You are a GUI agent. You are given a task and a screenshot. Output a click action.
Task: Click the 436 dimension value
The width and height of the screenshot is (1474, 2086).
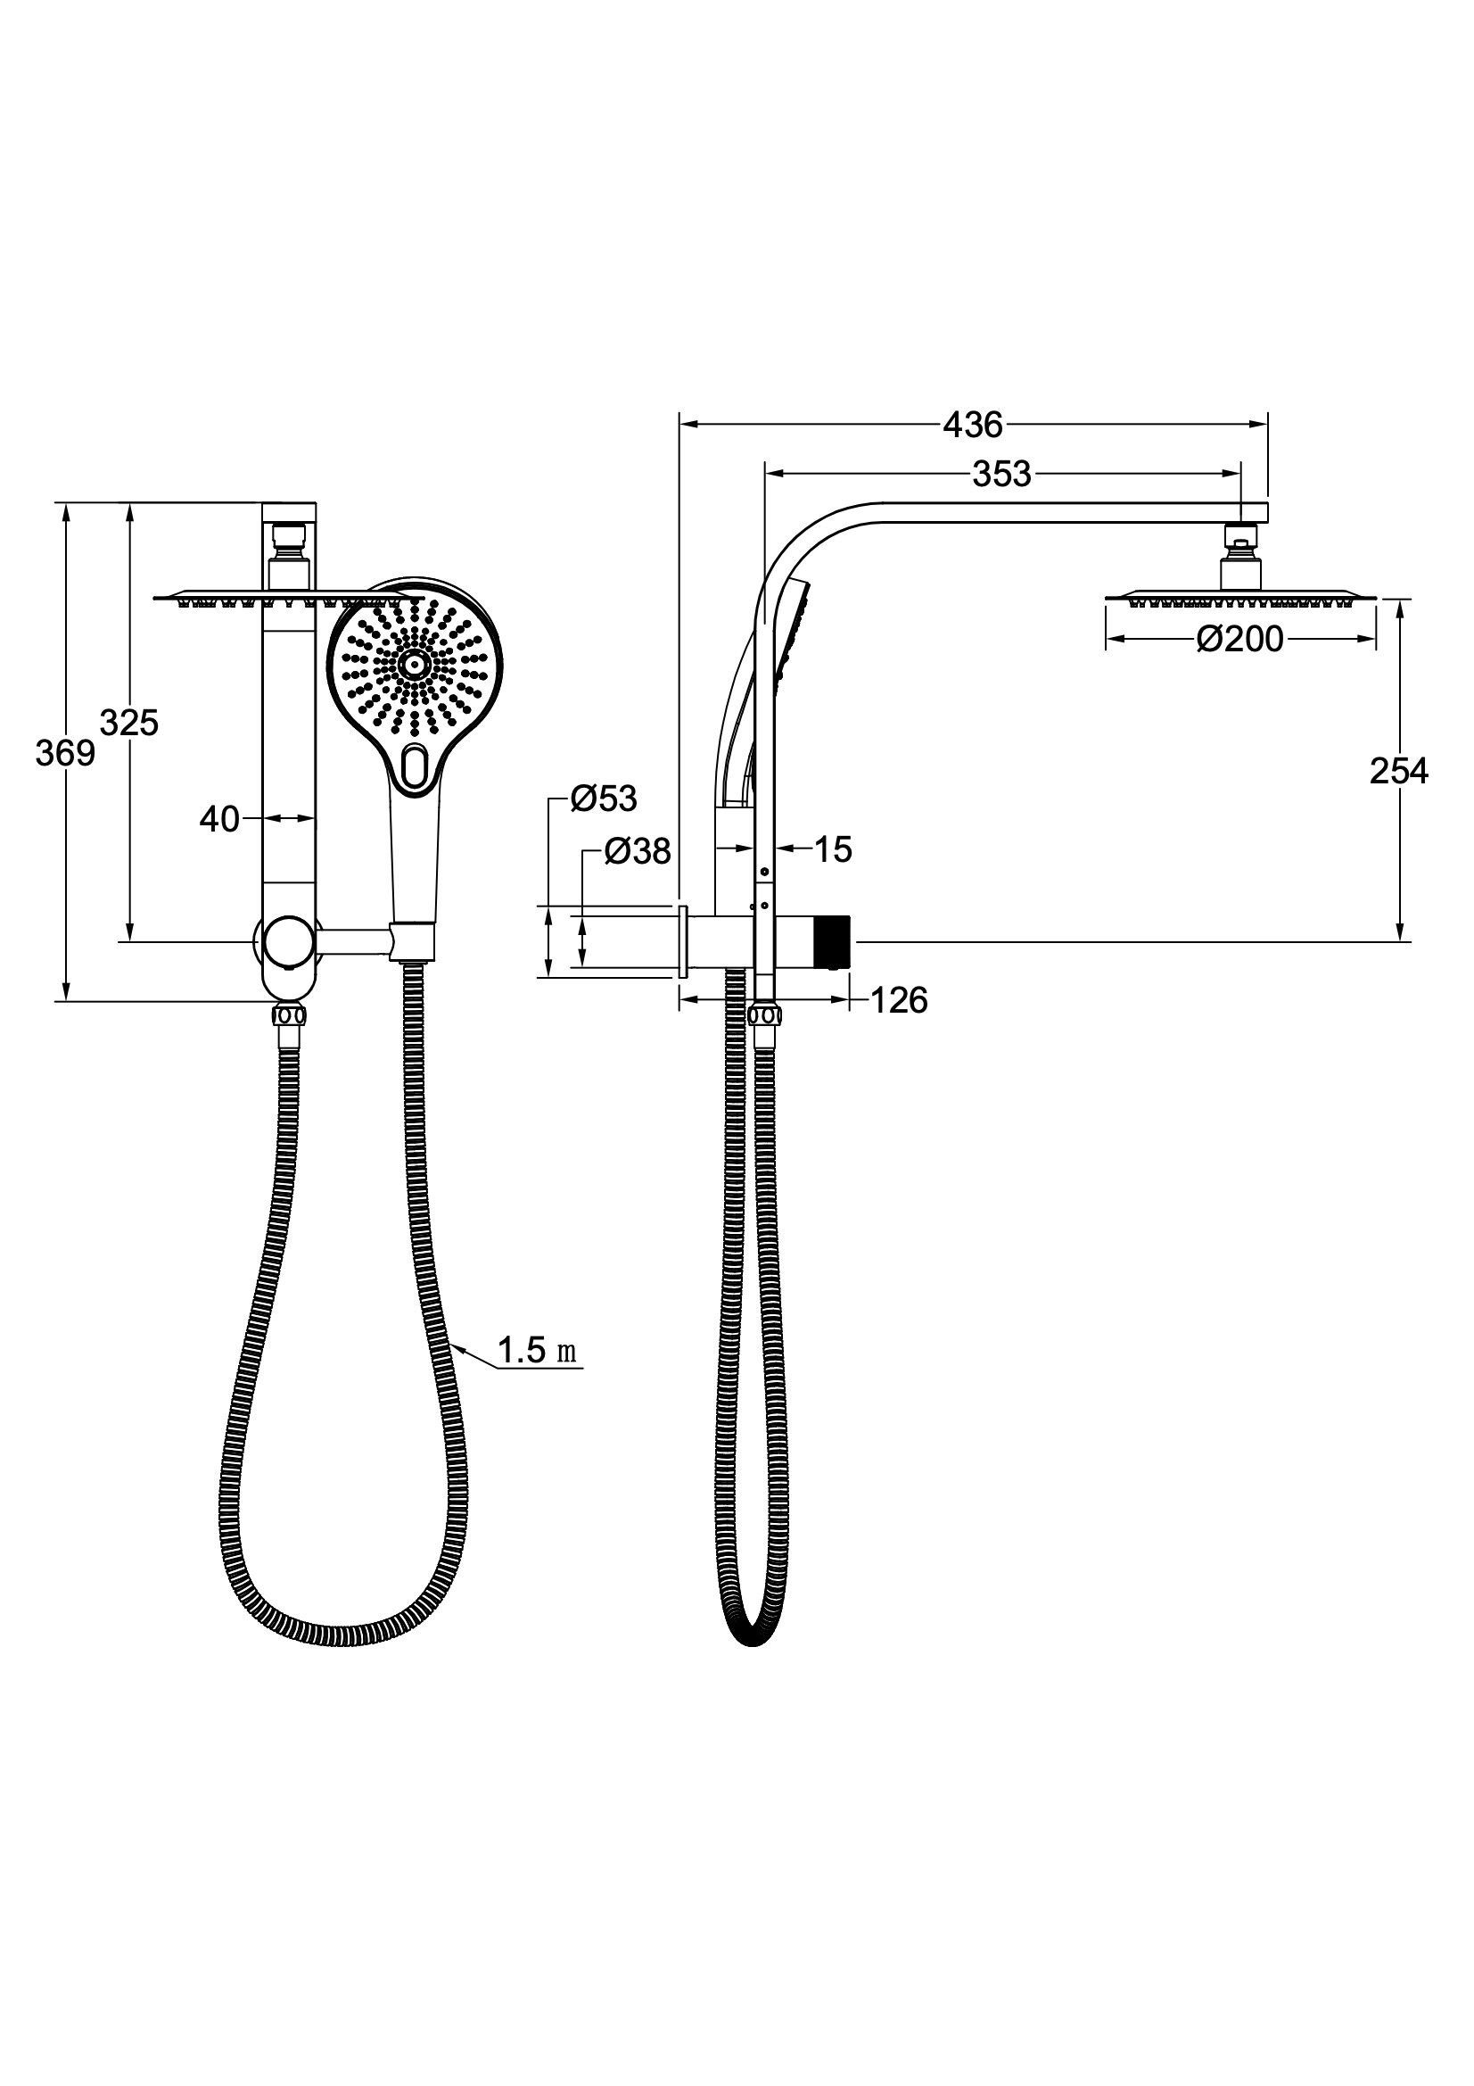(x=973, y=425)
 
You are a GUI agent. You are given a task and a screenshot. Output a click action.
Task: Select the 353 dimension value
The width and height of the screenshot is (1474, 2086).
(x=1001, y=475)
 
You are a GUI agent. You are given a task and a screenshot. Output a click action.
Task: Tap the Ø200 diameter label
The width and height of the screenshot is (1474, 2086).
(x=1239, y=640)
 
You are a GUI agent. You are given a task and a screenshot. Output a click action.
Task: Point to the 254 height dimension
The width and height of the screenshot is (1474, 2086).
(x=1398, y=772)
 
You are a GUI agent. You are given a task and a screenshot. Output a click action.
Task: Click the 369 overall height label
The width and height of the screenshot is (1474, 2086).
(x=64, y=753)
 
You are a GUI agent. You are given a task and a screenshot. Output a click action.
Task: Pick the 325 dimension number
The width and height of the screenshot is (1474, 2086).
(x=129, y=724)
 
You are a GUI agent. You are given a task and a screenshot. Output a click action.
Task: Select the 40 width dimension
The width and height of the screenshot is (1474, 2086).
(x=218, y=819)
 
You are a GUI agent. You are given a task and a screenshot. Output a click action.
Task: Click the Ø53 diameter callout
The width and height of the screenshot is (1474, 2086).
(x=604, y=799)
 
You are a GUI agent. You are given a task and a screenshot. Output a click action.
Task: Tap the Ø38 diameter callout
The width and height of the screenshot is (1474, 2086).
(x=638, y=852)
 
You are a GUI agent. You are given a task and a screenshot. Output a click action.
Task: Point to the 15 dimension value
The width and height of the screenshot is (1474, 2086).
(x=833, y=850)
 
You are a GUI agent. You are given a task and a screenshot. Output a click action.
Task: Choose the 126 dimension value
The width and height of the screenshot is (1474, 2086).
(x=899, y=1001)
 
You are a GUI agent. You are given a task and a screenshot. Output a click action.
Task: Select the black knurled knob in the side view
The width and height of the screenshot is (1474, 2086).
(x=832, y=942)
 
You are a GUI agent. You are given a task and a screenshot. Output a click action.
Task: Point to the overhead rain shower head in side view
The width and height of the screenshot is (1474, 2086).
(x=1239, y=598)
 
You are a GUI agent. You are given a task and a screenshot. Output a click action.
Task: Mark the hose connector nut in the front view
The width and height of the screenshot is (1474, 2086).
(x=288, y=1016)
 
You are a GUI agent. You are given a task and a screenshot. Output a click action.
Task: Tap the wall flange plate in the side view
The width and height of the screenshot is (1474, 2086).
(x=682, y=941)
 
